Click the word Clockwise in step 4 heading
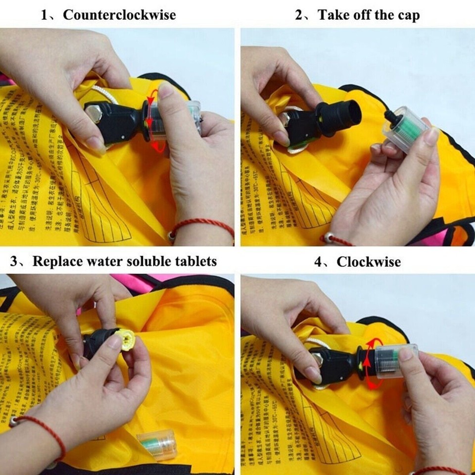pos(369,261)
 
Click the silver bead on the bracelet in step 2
pos(325,238)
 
